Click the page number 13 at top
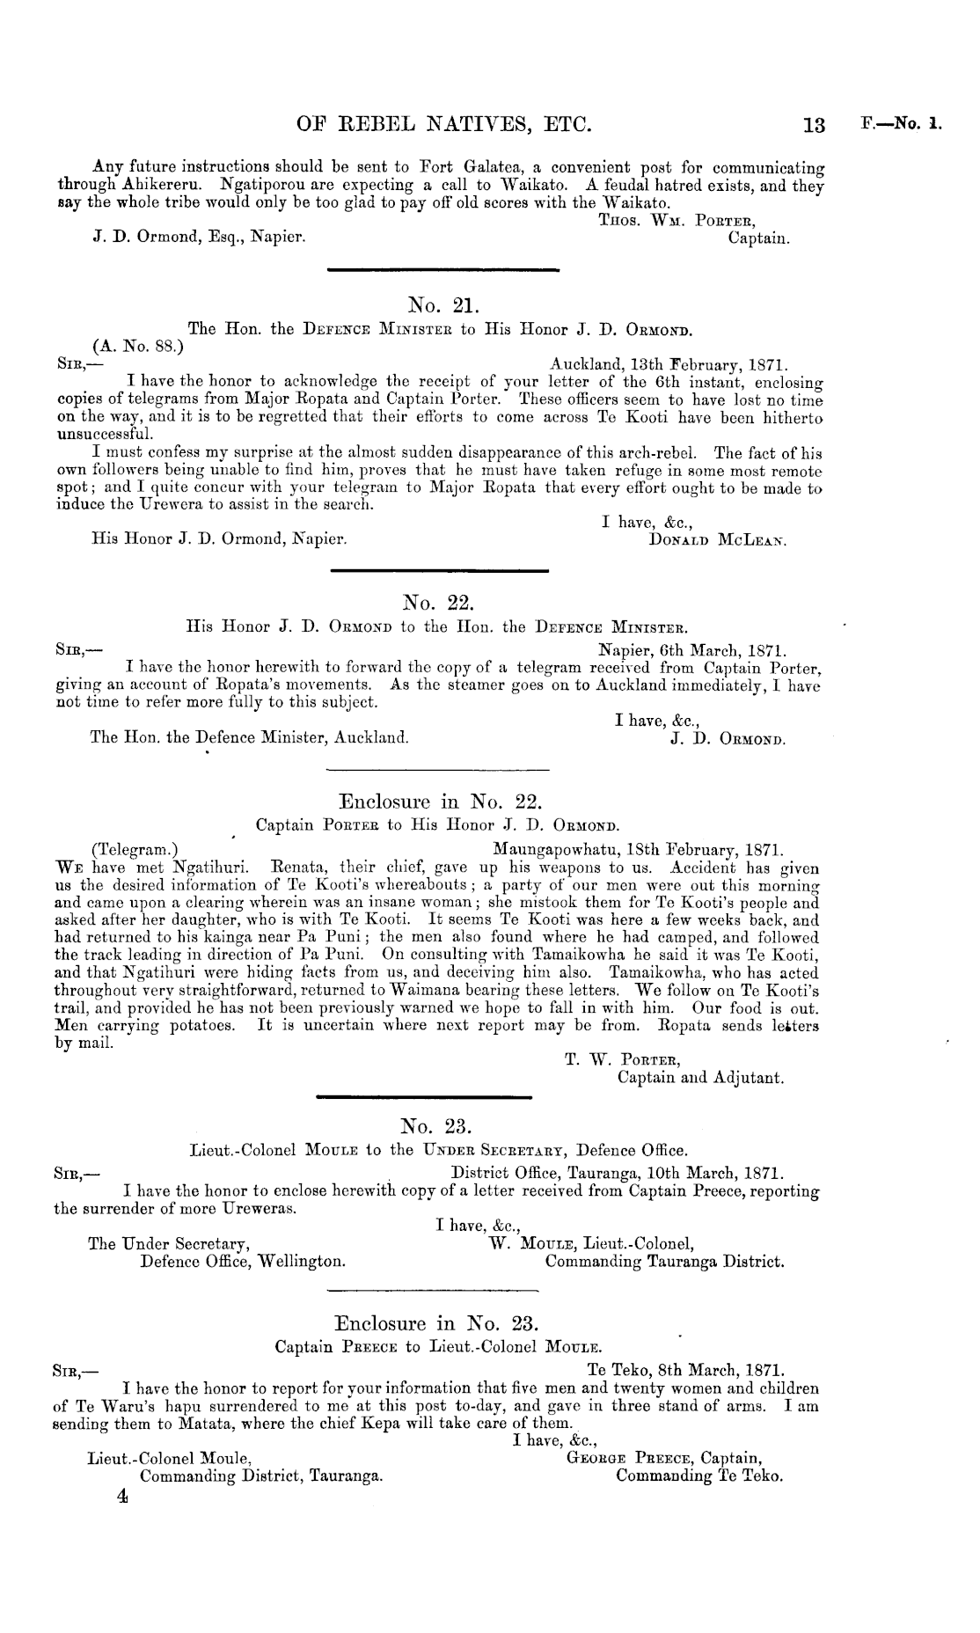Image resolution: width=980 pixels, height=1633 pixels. [x=815, y=126]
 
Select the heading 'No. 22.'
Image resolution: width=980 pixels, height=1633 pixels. [x=437, y=603]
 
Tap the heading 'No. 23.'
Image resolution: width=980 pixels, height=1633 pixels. [x=436, y=1125]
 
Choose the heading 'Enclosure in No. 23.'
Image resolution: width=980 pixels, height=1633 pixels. [x=436, y=1322]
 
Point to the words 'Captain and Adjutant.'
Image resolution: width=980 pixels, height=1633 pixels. [x=700, y=1077]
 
